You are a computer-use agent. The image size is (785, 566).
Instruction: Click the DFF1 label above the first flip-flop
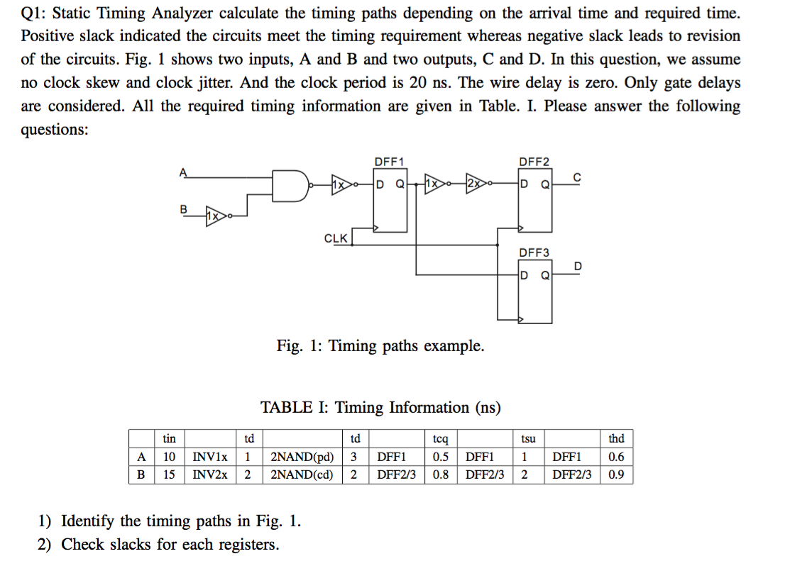click(389, 162)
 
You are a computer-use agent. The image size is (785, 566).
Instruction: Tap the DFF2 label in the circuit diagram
click(534, 162)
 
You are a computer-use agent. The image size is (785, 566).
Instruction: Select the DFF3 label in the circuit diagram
click(534, 253)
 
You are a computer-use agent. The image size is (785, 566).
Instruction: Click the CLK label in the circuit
click(336, 238)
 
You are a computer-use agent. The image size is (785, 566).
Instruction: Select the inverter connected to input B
click(214, 213)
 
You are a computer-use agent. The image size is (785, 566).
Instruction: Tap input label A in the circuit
click(183, 170)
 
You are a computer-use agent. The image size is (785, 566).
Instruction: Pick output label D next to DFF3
click(577, 266)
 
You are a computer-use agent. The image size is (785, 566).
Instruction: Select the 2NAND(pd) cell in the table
click(302, 457)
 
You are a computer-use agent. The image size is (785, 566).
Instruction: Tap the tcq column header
click(441, 439)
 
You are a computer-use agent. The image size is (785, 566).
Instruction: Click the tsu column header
click(528, 439)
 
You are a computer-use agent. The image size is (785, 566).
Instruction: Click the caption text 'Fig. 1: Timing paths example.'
click(380, 346)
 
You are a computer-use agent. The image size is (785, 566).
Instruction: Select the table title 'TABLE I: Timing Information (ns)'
click(380, 408)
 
